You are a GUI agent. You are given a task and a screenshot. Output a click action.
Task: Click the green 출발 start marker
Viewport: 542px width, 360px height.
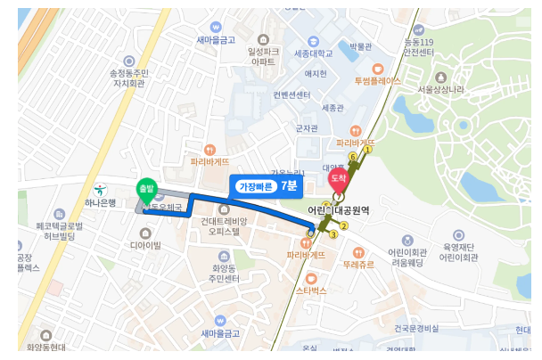click(145, 189)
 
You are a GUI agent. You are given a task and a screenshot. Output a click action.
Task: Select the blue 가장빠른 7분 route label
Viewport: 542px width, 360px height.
click(267, 186)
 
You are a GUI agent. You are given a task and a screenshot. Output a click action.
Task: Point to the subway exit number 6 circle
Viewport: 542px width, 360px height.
click(353, 157)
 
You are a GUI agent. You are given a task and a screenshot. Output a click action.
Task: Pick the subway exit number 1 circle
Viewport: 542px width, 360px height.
click(366, 150)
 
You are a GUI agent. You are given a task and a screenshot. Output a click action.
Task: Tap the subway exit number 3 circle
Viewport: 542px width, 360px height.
click(333, 234)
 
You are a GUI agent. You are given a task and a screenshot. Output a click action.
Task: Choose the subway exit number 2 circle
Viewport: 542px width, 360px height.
click(343, 225)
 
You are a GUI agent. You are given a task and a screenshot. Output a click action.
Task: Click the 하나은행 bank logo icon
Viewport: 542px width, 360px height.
click(101, 188)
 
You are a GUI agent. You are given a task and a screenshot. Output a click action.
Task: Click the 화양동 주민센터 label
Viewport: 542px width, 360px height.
click(220, 274)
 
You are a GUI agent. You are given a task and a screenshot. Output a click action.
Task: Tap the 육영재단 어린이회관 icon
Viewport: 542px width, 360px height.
click(459, 235)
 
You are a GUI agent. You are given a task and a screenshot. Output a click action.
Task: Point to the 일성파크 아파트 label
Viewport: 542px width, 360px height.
click(263, 56)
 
